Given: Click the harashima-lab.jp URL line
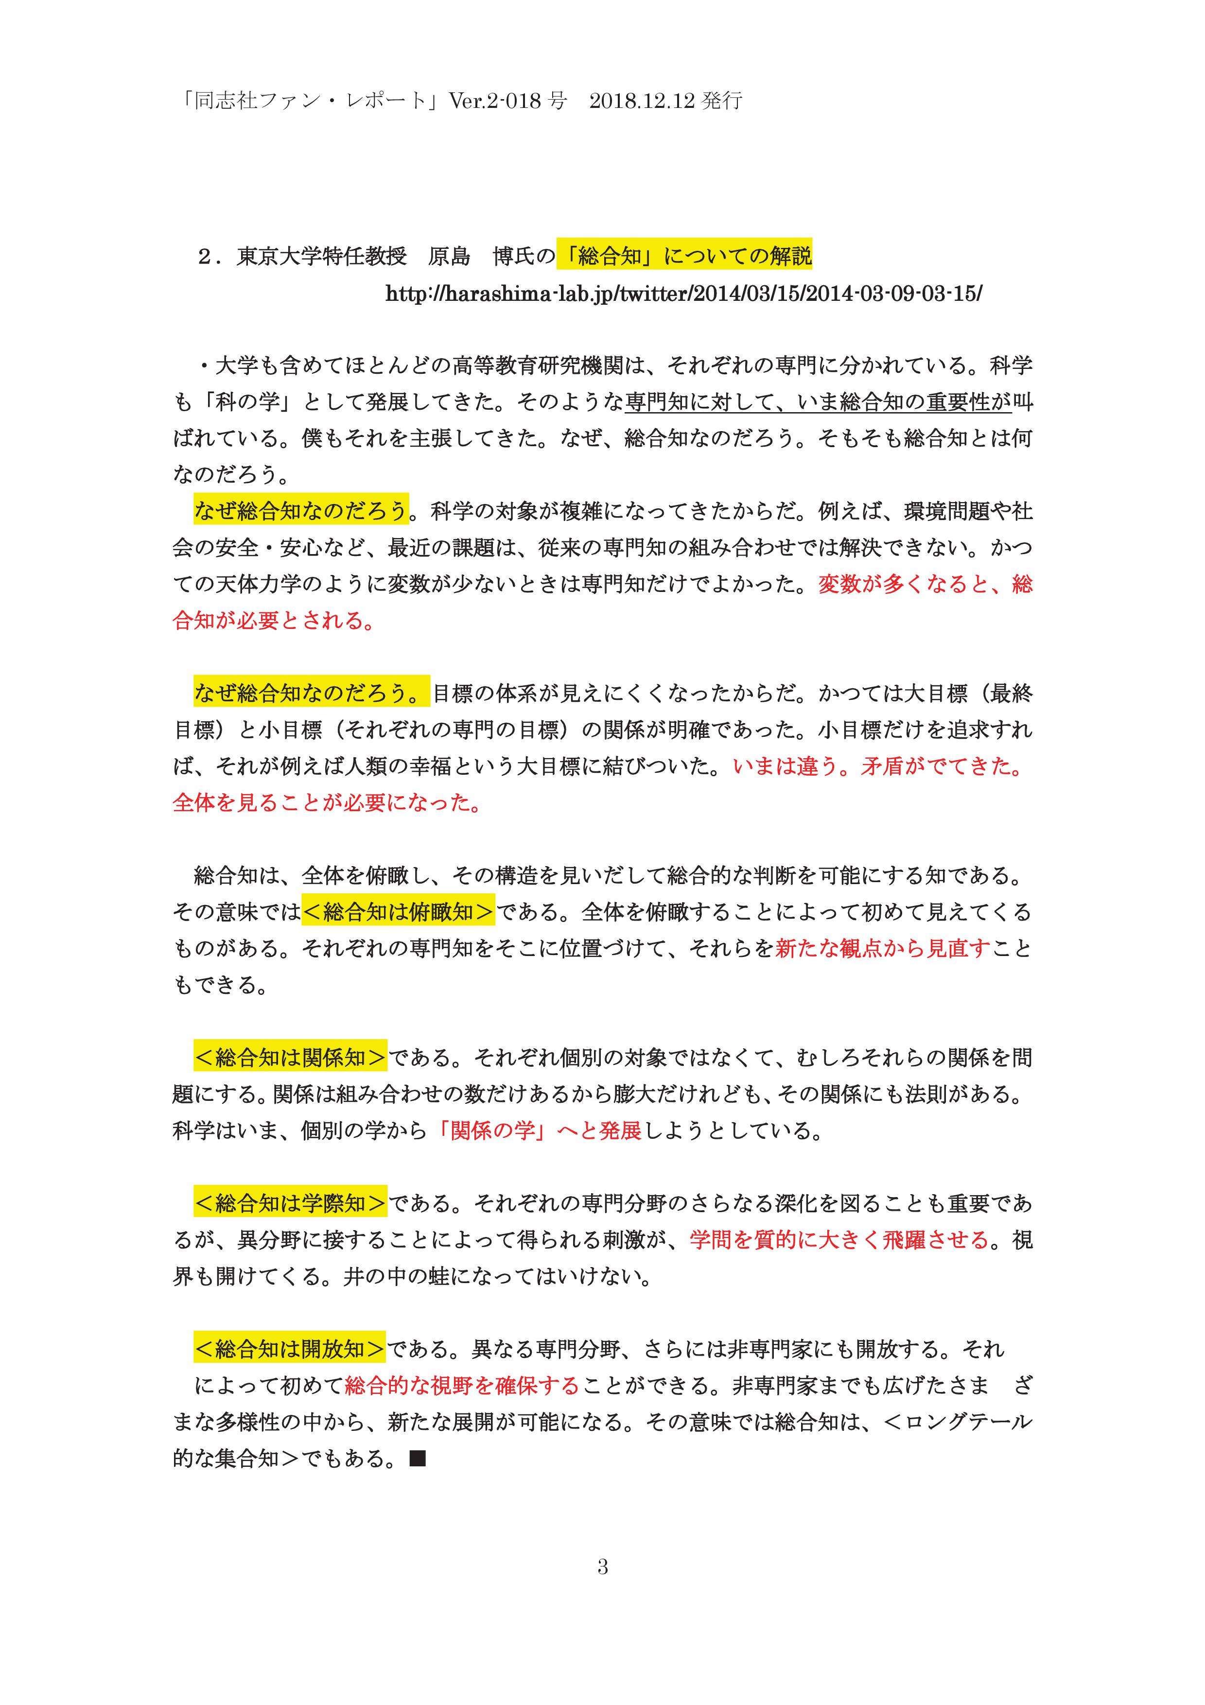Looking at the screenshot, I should click(x=683, y=294).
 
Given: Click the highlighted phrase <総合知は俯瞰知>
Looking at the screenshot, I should click(x=398, y=912).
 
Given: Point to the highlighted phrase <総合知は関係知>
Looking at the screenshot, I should click(x=290, y=1058).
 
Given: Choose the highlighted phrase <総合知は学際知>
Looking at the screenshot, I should click(x=290, y=1203).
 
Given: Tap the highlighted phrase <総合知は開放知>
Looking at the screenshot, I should click(x=290, y=1349).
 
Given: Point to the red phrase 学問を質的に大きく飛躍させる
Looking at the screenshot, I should click(x=839, y=1239).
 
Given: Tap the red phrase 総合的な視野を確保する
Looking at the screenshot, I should click(x=461, y=1386).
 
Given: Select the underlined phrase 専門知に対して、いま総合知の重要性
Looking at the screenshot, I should click(x=818, y=402).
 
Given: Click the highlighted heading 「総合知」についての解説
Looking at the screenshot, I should click(x=684, y=256).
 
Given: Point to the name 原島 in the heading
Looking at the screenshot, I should click(x=449, y=256).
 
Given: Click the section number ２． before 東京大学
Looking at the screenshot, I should click(x=210, y=256).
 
